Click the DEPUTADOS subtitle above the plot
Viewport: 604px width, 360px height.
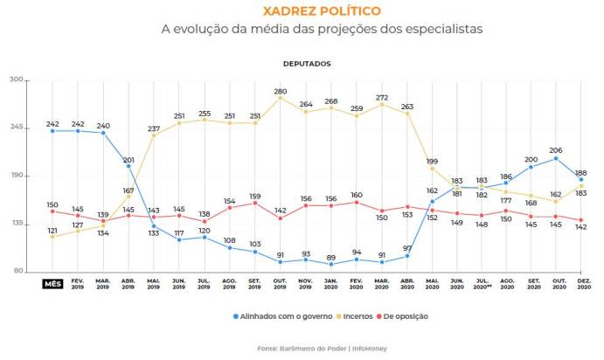click(x=307, y=64)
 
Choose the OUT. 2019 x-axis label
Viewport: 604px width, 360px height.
click(x=280, y=285)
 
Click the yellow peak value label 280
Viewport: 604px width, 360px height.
click(x=281, y=91)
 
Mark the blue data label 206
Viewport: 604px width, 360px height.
click(x=555, y=150)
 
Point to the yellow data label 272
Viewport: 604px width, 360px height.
click(x=381, y=97)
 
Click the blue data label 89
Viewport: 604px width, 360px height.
click(x=330, y=257)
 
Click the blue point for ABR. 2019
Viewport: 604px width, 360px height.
click(x=128, y=166)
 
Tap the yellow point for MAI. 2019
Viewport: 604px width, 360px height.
click(x=154, y=135)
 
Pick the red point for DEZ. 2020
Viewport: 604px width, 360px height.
click(x=580, y=220)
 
